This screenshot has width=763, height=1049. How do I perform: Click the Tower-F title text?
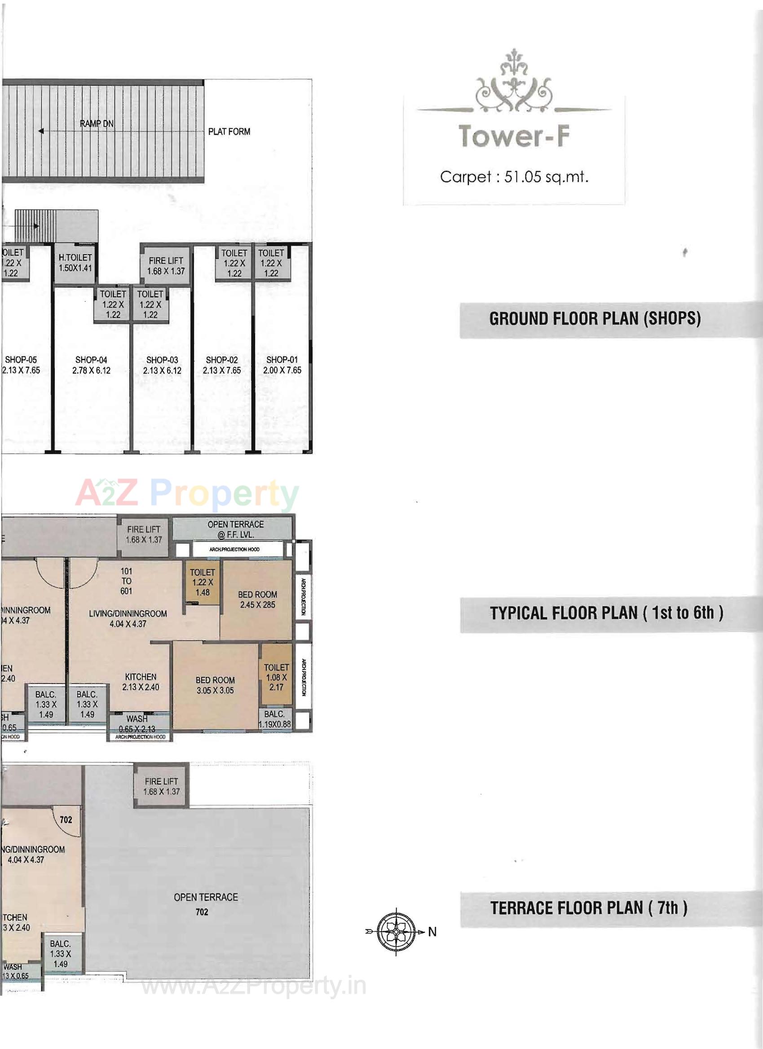pos(514,137)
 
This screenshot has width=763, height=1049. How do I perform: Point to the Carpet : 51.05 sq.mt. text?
pos(514,177)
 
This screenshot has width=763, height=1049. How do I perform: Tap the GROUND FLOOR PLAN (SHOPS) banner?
pos(595,319)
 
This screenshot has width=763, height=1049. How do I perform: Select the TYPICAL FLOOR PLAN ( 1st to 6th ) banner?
pos(606,613)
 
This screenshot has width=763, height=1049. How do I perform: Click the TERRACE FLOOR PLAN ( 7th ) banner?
pos(589,908)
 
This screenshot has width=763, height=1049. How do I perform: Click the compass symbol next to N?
pos(396,931)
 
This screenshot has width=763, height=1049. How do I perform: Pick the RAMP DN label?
pos(97,124)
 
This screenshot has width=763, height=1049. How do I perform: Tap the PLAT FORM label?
pos(229,132)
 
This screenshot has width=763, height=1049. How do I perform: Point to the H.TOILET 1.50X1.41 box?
pos(75,263)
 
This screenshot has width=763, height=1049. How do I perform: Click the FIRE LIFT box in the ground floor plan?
pos(166,266)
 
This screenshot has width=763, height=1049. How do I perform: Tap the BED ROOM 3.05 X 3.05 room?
pos(215,685)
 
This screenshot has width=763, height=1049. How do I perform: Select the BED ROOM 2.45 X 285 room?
pos(257,599)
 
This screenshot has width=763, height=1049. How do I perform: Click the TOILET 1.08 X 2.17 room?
pos(276,677)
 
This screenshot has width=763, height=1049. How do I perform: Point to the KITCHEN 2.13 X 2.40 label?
pos(141,682)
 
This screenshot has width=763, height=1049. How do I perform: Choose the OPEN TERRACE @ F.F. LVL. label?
pos(235,529)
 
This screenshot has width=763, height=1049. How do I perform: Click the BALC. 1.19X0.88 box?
pos(275,719)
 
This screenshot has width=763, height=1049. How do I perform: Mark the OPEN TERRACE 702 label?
pos(205,904)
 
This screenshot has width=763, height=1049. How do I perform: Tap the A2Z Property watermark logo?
pos(187,494)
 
